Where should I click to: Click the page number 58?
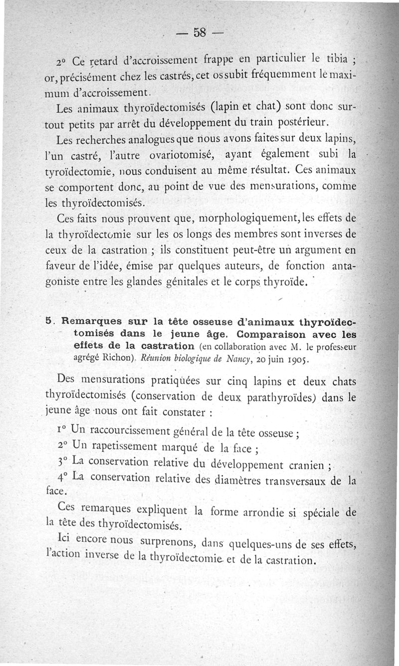199,33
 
